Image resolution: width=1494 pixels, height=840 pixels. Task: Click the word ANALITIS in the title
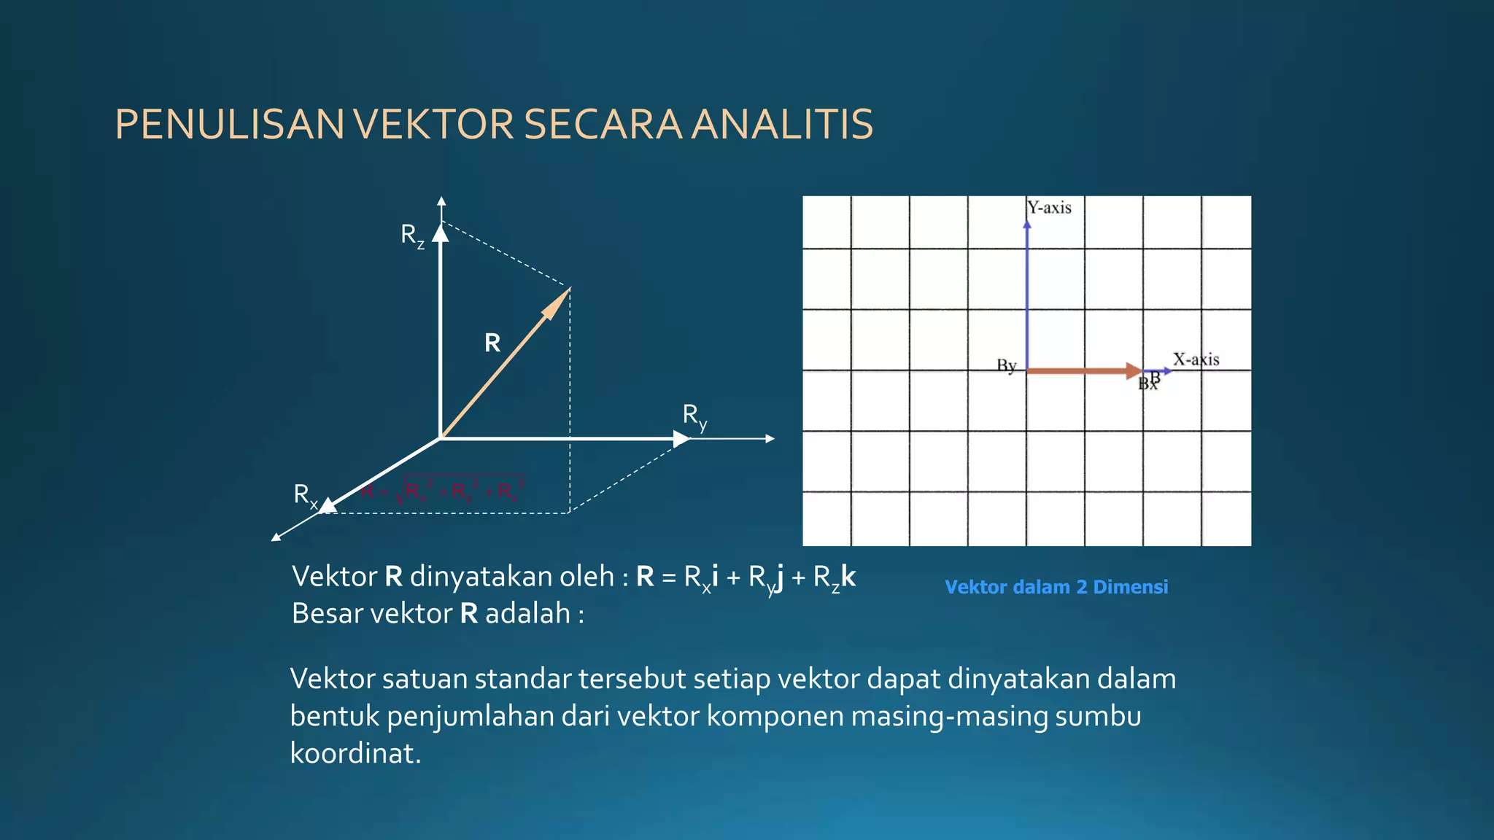pyautogui.click(x=782, y=124)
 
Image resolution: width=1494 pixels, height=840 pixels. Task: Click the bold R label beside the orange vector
pyautogui.click(x=492, y=343)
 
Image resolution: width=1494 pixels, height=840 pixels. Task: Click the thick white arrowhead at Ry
pyautogui.click(x=681, y=439)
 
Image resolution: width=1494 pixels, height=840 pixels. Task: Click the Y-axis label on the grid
pyautogui.click(x=1049, y=208)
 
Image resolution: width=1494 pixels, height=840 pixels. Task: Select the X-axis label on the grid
pyautogui.click(x=1196, y=359)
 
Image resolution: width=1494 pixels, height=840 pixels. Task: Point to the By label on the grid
pyautogui.click(x=1006, y=365)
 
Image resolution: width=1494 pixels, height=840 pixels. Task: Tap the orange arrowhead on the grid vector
pyautogui.click(x=1134, y=371)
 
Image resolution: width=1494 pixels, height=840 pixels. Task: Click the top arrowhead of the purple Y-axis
pyautogui.click(x=1027, y=225)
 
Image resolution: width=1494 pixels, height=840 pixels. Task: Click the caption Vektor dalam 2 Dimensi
pyautogui.click(x=1056, y=587)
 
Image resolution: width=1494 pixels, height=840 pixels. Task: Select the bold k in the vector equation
pyautogui.click(x=848, y=577)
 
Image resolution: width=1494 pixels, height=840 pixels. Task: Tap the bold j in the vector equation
pyautogui.click(x=779, y=578)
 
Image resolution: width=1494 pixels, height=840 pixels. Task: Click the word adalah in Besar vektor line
pyautogui.click(x=527, y=614)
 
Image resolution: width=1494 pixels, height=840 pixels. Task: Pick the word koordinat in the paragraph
pyautogui.click(x=355, y=753)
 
